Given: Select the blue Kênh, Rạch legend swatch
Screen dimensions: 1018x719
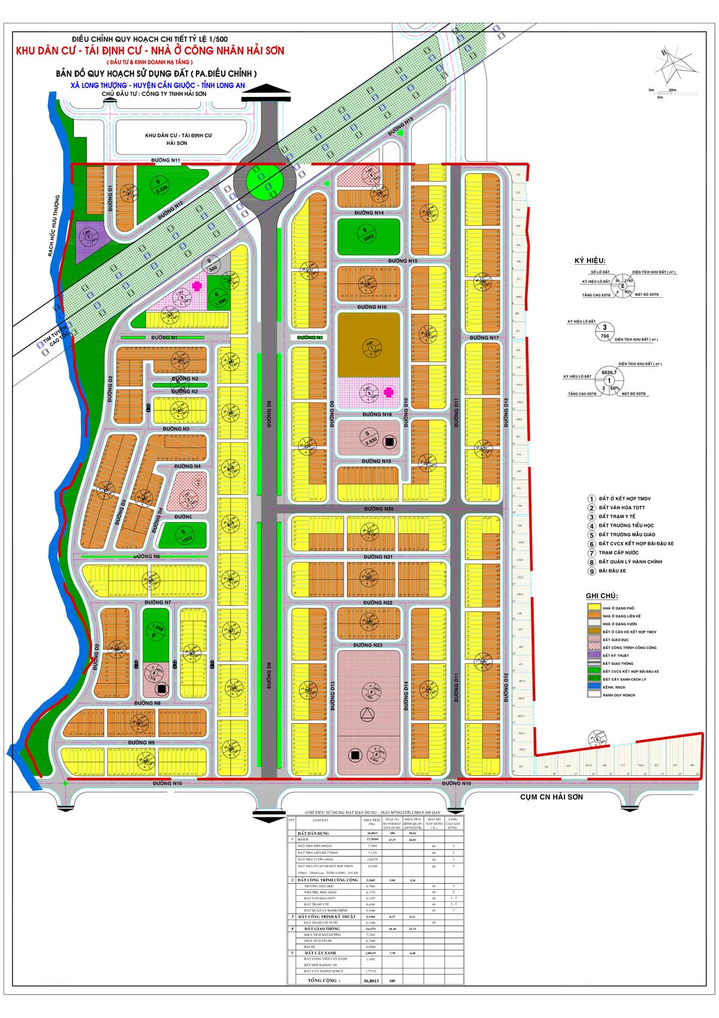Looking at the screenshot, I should (x=594, y=686).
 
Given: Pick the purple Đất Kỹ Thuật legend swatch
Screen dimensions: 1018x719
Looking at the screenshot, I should (x=594, y=655).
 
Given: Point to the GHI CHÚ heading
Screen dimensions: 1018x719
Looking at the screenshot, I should (x=602, y=596).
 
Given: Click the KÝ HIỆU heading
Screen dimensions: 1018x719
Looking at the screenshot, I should (x=590, y=261).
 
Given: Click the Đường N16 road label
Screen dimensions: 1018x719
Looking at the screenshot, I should (x=371, y=307).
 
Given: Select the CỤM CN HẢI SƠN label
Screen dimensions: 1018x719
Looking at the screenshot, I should (x=551, y=797).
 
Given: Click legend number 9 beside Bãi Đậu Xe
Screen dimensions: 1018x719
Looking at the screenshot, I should (x=591, y=571).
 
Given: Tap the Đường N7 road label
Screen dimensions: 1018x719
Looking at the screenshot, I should (x=158, y=602).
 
